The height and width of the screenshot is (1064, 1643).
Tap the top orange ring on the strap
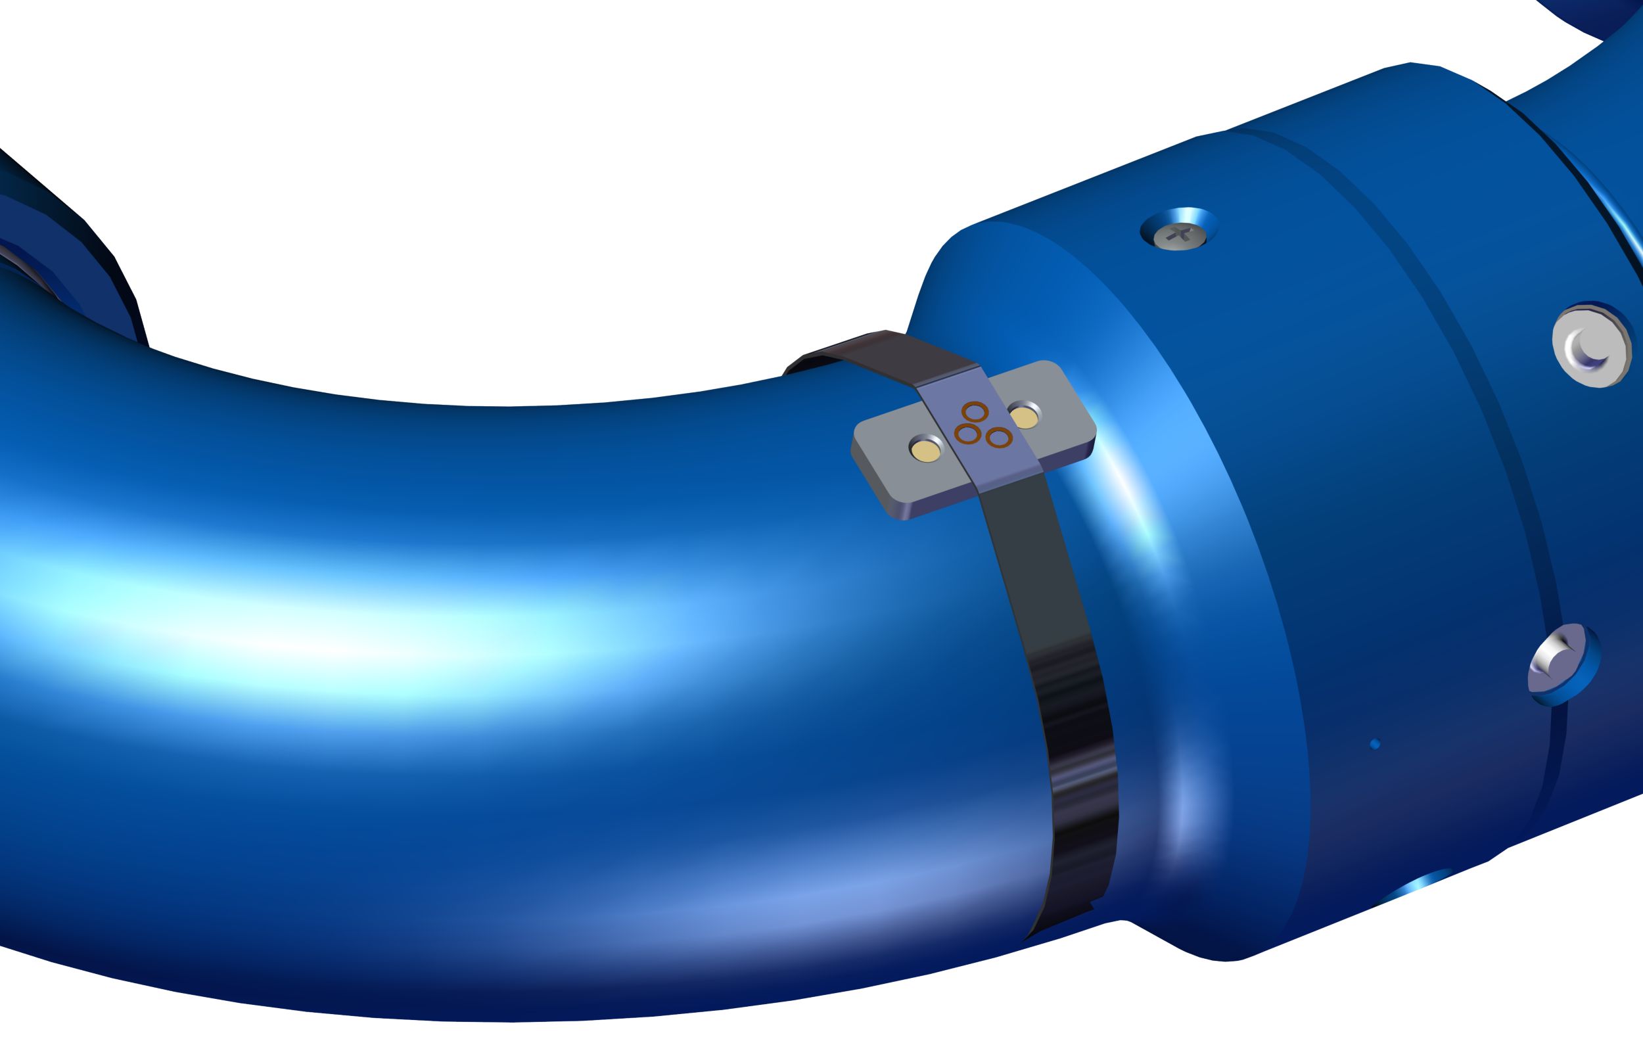pos(975,412)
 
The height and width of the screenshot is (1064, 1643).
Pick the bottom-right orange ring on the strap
pos(998,437)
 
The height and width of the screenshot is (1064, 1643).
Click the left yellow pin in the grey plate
pos(925,450)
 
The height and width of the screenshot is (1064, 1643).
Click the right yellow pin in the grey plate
pos(1025,417)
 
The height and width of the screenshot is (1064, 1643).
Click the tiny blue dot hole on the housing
pos(1374,744)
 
